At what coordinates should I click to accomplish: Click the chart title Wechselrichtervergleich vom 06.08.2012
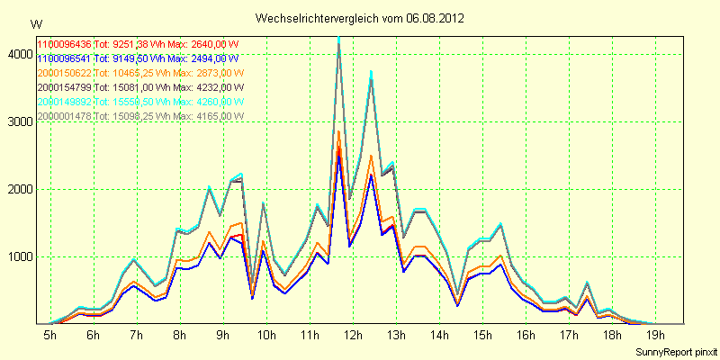tap(359, 18)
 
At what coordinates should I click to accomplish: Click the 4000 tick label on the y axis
tap(17, 55)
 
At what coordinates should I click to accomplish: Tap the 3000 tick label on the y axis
tap(17, 122)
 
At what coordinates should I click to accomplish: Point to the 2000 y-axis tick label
tap(17, 190)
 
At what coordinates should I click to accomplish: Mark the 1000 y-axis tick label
tap(17, 257)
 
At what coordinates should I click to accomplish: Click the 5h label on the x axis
tap(49, 335)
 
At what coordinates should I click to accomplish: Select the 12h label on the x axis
tap(354, 335)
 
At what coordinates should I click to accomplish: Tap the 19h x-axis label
tap(657, 335)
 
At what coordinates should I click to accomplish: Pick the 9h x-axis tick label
tap(223, 335)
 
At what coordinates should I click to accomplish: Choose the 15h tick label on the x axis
tap(483, 335)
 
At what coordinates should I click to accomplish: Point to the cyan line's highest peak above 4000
tap(338, 39)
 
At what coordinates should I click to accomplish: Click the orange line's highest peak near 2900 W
tap(338, 131)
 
